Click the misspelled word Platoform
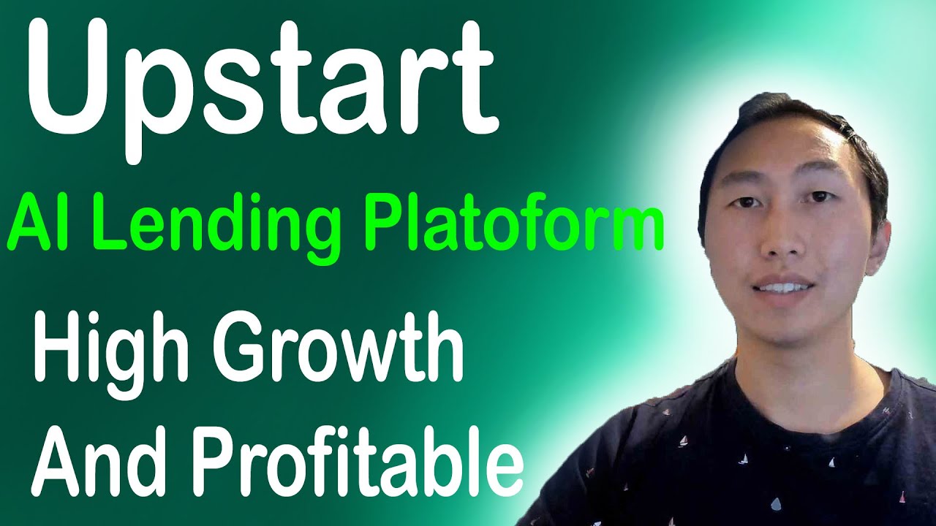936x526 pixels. pyautogui.click(x=515, y=226)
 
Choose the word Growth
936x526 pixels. pyautogui.click(x=339, y=348)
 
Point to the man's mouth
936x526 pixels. pyautogui.click(x=782, y=288)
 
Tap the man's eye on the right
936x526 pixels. pyautogui.click(x=820, y=197)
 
